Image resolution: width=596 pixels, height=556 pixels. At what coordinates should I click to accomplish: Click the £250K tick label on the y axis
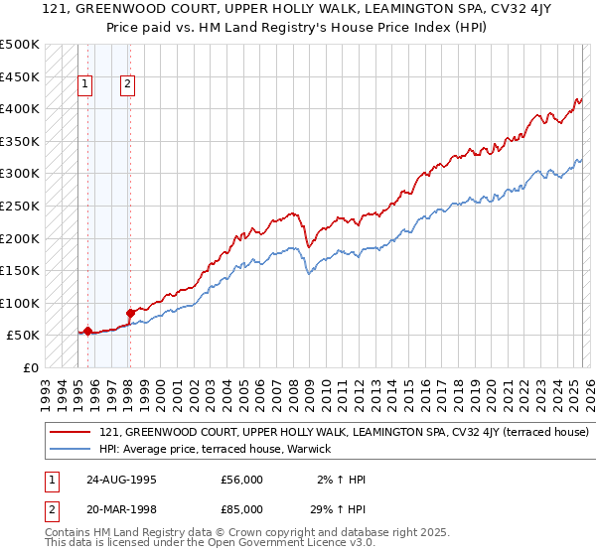20,206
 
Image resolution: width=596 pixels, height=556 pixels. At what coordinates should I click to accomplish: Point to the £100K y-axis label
20,303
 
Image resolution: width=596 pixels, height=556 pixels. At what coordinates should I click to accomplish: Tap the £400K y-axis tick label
20,108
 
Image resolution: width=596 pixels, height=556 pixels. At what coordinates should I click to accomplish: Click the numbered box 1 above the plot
86,85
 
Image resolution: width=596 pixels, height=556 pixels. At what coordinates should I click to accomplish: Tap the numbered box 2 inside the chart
129,85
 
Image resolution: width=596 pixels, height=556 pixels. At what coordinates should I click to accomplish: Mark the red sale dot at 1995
87,332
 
